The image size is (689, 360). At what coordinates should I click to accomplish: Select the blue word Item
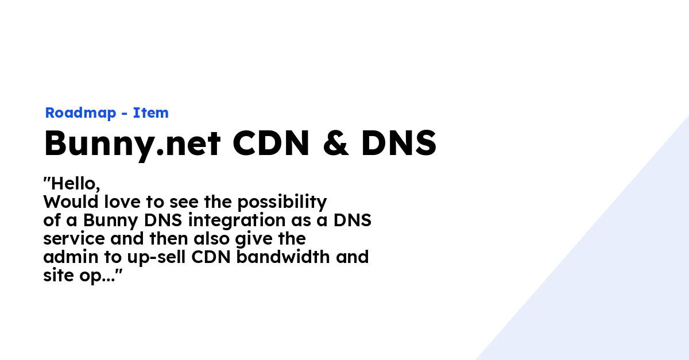(151, 113)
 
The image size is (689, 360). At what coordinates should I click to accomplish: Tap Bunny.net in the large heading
(133, 145)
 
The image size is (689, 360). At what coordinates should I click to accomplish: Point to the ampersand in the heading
(336, 144)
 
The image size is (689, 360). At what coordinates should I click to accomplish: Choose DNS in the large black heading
(398, 144)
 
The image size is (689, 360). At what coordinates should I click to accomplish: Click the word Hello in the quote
(74, 184)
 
